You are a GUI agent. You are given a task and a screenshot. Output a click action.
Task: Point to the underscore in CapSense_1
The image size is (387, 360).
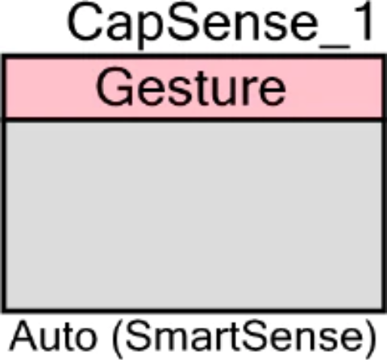(335, 48)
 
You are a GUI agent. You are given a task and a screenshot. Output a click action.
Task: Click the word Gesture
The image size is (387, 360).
(191, 86)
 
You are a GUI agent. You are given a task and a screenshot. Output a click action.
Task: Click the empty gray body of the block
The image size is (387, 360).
(193, 216)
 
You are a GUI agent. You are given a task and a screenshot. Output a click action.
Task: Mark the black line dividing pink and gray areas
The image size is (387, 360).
(193, 120)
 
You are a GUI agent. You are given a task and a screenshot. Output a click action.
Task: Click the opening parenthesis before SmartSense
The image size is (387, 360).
(118, 338)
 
